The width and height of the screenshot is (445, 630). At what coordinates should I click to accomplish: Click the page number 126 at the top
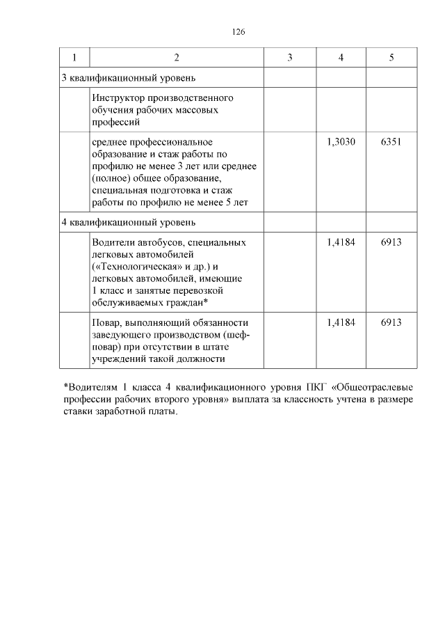point(238,32)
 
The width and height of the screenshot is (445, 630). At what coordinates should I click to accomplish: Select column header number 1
point(74,57)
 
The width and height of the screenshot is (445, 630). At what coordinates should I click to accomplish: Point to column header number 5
point(391,57)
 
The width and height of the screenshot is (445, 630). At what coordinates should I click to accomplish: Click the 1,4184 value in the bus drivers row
point(341,242)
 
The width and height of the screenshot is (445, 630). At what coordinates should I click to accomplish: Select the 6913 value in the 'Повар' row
point(391,322)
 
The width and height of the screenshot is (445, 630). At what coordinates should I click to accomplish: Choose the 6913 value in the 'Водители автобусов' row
point(391,242)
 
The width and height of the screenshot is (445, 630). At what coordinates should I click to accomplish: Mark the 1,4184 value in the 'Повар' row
point(341,322)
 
